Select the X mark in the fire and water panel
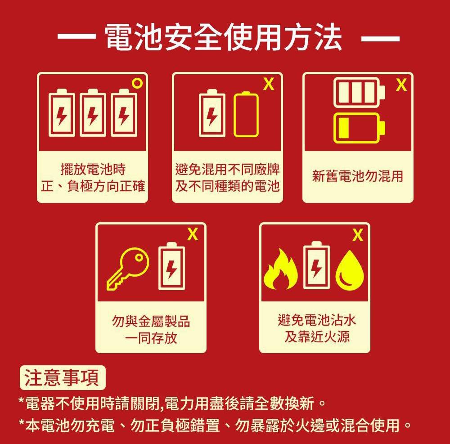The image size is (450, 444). coord(357,235)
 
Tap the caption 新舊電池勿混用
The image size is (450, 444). coord(358,176)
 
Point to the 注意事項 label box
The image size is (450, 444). coord(62,378)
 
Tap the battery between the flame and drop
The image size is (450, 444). coord(317,268)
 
